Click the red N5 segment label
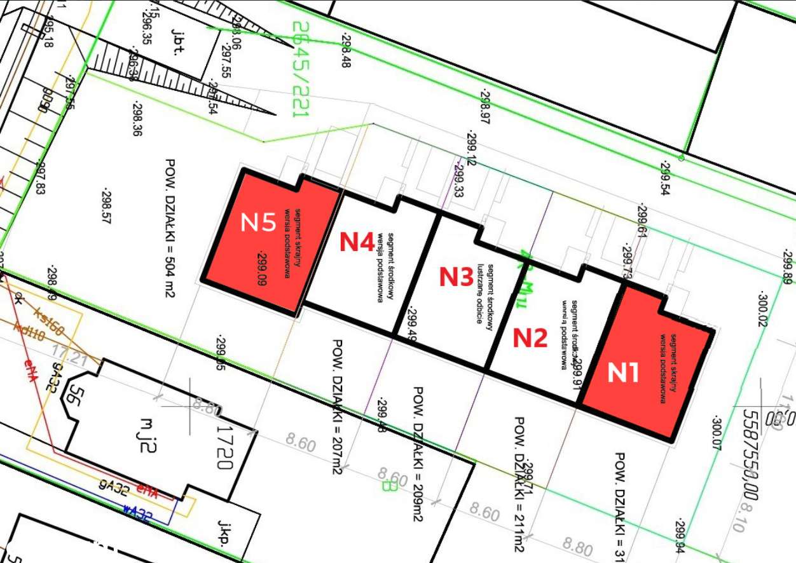258,222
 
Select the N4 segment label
356,241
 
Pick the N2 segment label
530,337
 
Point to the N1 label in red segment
623,372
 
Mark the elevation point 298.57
107,205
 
